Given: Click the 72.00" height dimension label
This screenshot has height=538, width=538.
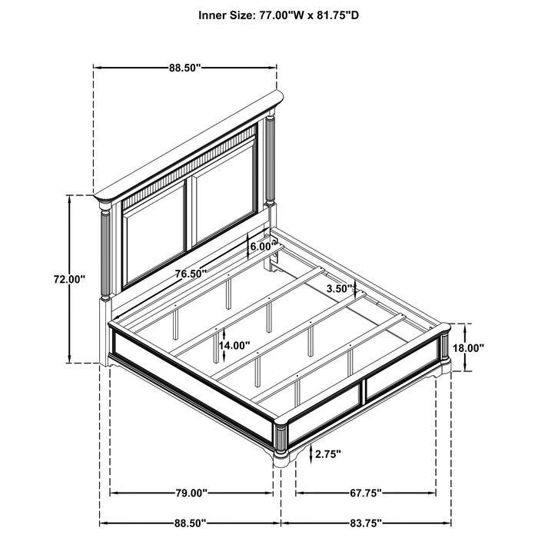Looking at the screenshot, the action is point(69,279).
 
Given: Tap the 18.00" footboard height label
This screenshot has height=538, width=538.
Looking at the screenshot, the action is point(468,348).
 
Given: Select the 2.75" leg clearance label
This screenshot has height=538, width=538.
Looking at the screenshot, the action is point(328,454).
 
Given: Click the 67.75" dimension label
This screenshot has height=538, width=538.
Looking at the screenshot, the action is point(366,493).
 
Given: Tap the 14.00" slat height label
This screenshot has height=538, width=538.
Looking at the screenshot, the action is point(234,345).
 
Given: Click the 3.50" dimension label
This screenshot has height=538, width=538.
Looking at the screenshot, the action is point(340,288).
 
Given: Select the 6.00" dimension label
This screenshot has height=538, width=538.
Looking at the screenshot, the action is point(263,247).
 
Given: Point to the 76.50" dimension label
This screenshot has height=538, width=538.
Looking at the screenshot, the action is point(191,274).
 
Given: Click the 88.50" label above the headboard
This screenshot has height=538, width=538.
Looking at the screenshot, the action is point(184,68).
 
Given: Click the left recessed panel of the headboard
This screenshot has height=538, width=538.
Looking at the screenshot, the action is point(154,234).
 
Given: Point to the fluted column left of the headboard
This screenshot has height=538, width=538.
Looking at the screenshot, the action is point(105,253).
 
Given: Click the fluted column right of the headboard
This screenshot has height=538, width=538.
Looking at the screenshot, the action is point(271,160).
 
